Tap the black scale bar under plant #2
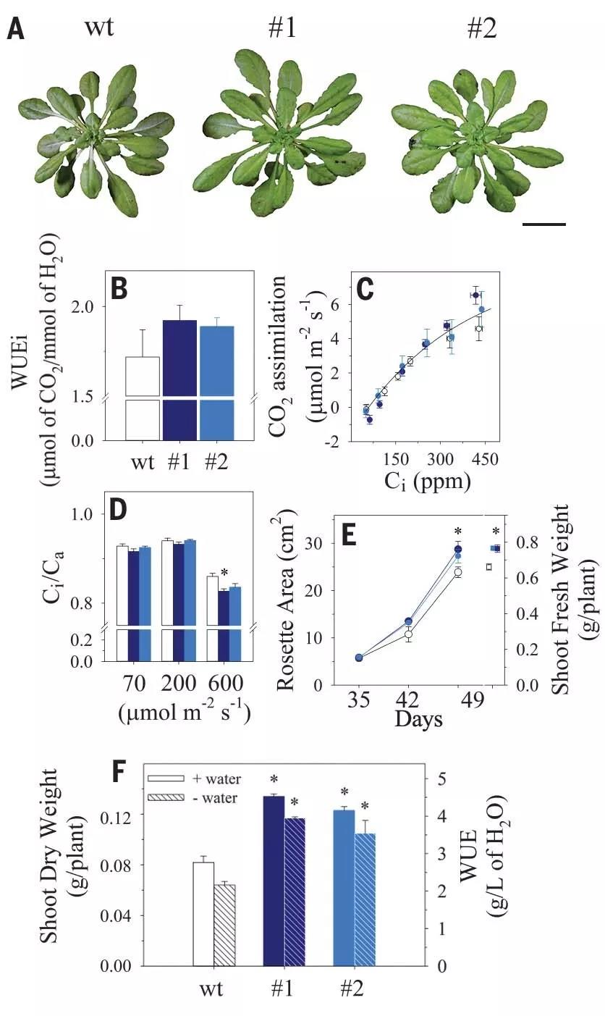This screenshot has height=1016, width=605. pos(543,224)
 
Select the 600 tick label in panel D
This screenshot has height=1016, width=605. pos(225,684)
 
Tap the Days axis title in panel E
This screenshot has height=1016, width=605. pos(418,721)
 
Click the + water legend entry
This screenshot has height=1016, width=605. pos(195,779)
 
